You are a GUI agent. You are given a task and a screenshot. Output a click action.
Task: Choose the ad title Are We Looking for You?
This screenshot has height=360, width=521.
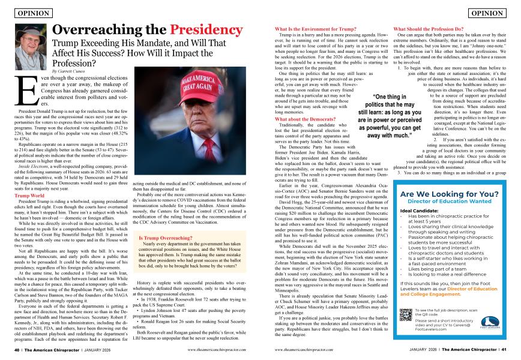click(449, 194)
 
